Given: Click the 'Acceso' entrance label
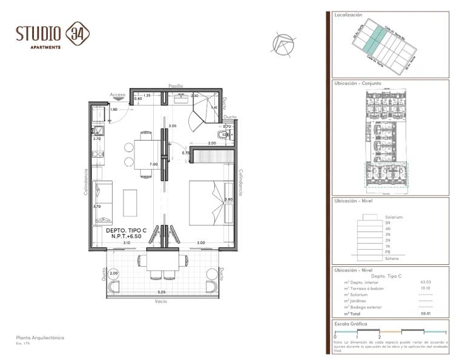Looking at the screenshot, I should coord(117,95).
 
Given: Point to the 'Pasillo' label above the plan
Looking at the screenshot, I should coord(176,86).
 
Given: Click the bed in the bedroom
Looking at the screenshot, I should coord(210,203).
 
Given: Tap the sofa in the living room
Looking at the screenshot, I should coord(102,202).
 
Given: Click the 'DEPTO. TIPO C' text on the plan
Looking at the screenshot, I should coord(126,231).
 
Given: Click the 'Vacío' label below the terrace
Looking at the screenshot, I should coord(160,301).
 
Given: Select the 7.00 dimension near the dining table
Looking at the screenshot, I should coord(153,164).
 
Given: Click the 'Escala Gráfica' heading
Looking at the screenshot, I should coord(351,324).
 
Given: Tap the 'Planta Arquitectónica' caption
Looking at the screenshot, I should coord(40,338).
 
